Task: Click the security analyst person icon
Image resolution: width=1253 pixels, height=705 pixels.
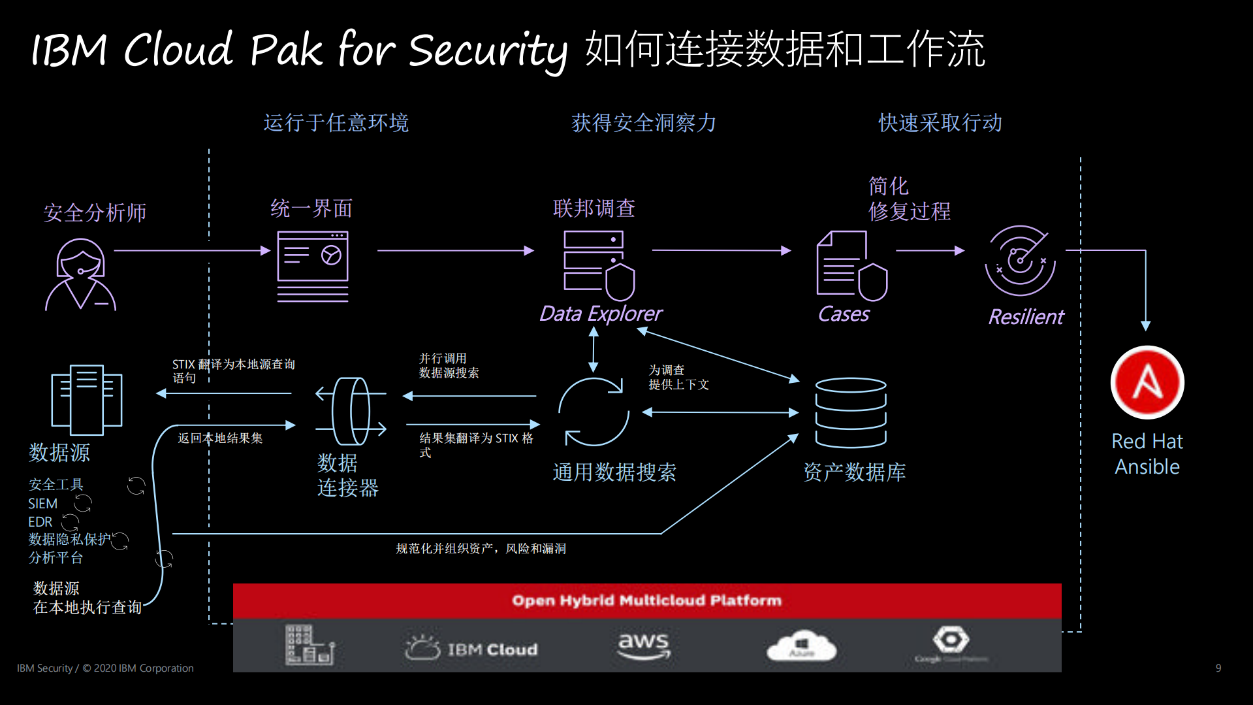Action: pyautogui.click(x=80, y=274)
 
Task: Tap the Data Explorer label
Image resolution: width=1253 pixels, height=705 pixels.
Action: pyautogui.click(x=600, y=314)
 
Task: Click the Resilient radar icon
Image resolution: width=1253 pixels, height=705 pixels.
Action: pyautogui.click(x=1019, y=261)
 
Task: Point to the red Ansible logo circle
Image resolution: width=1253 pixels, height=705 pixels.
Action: pyautogui.click(x=1147, y=383)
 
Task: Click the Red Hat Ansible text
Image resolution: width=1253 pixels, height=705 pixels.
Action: pyautogui.click(x=1147, y=454)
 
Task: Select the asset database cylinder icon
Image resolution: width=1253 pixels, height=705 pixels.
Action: pyautogui.click(x=850, y=412)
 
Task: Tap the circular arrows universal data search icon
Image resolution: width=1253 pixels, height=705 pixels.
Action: pyautogui.click(x=593, y=412)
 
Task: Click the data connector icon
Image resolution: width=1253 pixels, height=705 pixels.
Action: pyautogui.click(x=351, y=412)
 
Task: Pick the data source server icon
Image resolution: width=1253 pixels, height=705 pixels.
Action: pyautogui.click(x=87, y=399)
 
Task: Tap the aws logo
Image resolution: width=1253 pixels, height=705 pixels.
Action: pyautogui.click(x=643, y=645)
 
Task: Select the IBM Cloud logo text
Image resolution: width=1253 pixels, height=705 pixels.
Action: pyautogui.click(x=492, y=649)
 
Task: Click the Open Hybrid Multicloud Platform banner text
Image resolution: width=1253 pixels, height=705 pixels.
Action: pyautogui.click(x=646, y=600)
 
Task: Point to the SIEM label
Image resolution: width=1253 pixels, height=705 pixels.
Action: pyautogui.click(x=43, y=504)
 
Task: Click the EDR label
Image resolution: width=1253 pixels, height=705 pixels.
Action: pyautogui.click(x=40, y=522)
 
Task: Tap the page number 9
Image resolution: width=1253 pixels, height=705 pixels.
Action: pyautogui.click(x=1218, y=668)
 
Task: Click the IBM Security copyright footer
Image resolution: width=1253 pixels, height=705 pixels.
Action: pyautogui.click(x=105, y=668)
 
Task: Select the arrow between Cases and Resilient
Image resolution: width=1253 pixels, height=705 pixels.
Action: pyautogui.click(x=929, y=250)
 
